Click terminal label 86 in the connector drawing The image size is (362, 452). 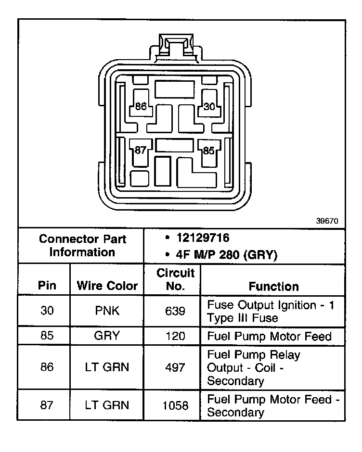[141, 106]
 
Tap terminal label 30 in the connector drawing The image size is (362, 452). [209, 106]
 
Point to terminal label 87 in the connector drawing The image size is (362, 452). [140, 150]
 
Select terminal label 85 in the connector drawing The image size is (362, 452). [208, 151]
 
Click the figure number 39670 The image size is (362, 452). [327, 222]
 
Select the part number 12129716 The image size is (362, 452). [203, 238]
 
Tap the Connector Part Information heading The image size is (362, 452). [82, 246]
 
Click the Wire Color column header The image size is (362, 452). [107, 287]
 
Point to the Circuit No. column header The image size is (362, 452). [175, 279]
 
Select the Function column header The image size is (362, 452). [273, 287]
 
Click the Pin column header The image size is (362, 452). [47, 286]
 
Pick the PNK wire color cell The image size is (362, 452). [107, 311]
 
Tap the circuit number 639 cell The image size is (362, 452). [175, 311]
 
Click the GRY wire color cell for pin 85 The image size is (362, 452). [107, 336]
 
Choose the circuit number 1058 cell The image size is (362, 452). [175, 405]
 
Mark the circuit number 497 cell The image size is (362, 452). [175, 368]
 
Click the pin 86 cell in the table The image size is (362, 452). [47, 368]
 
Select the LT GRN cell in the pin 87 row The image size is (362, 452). [107, 405]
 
